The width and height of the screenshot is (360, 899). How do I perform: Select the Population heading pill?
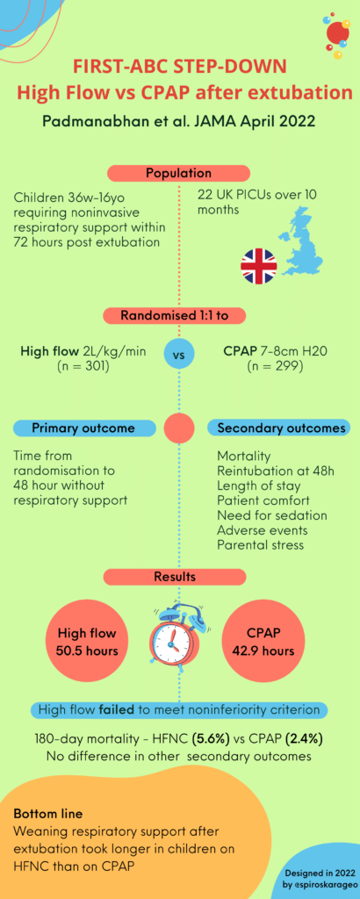point(178,173)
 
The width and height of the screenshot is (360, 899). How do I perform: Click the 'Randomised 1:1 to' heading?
point(174,315)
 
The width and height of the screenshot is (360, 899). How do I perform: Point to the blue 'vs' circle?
point(179,355)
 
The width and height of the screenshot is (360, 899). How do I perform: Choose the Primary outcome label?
point(83,428)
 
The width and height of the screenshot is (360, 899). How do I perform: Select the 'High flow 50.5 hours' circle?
point(87,642)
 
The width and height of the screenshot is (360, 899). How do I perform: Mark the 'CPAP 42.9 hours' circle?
point(263,642)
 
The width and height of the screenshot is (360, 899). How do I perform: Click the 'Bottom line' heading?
point(48,814)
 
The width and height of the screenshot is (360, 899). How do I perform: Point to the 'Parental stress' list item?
point(261,543)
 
